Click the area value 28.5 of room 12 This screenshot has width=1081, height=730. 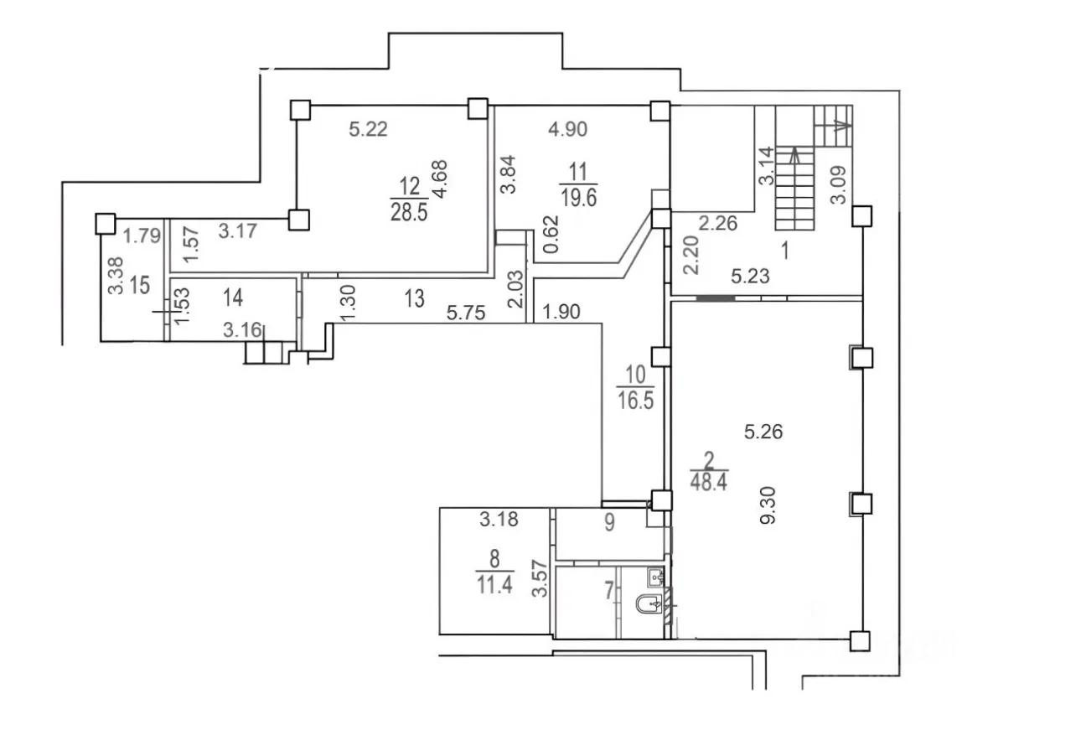[409, 212]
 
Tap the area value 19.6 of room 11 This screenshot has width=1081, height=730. [579, 198]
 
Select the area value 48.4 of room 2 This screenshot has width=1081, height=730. [708, 482]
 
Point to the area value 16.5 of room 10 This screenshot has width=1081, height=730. [635, 401]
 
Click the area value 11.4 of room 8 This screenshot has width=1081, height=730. [494, 586]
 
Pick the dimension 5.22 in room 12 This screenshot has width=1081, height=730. [368, 129]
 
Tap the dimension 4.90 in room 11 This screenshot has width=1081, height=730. [567, 129]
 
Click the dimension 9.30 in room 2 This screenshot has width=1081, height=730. [768, 505]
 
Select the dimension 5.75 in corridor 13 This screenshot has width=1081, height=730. [466, 313]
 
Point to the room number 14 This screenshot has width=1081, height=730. [233, 298]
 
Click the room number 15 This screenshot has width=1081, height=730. [140, 285]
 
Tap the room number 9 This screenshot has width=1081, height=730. [609, 522]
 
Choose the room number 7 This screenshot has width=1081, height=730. [609, 591]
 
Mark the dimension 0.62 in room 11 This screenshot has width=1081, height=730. [551, 234]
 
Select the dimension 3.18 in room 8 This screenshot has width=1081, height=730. [499, 520]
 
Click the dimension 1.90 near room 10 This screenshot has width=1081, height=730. [561, 312]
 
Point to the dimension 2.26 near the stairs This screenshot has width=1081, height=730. [718, 224]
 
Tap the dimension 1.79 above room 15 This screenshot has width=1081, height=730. [142, 236]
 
